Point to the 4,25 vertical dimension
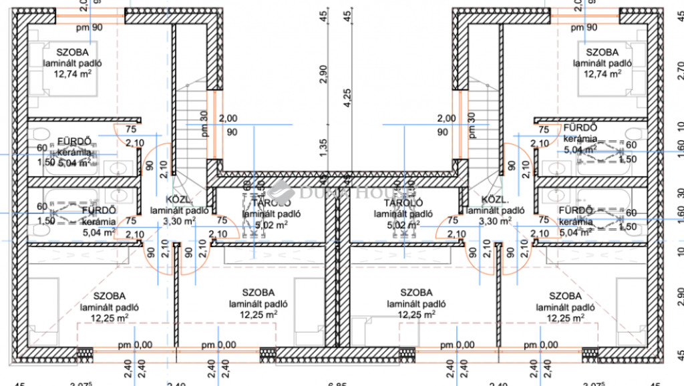[346, 97]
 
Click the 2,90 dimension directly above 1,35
[324, 73]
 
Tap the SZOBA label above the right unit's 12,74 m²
[603, 51]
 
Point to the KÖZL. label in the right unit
[495, 199]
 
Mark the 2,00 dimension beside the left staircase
[228, 118]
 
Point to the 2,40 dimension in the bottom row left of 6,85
[176, 383]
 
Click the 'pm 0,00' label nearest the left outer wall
[135, 345]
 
